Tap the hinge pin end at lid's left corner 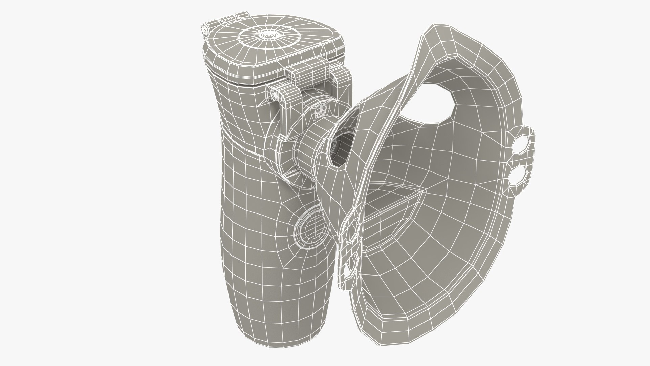(x=205, y=29)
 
